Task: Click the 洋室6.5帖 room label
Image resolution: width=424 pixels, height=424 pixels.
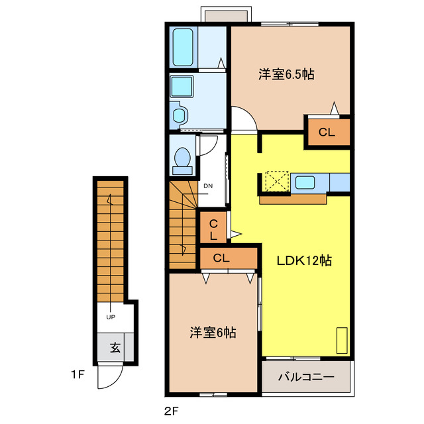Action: click(x=286, y=75)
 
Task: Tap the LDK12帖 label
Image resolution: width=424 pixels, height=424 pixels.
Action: click(x=303, y=260)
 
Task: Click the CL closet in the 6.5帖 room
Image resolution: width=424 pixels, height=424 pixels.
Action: click(x=327, y=132)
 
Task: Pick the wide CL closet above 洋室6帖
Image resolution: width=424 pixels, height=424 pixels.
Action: click(x=222, y=258)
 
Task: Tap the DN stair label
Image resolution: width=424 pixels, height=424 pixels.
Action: click(x=207, y=185)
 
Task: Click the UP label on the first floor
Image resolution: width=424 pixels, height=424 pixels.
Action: click(x=111, y=317)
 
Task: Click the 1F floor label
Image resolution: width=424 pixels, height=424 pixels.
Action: click(x=78, y=375)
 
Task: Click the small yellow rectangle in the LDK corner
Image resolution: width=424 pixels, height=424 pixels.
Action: click(x=341, y=341)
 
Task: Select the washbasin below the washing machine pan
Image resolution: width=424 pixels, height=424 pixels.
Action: click(x=179, y=114)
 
